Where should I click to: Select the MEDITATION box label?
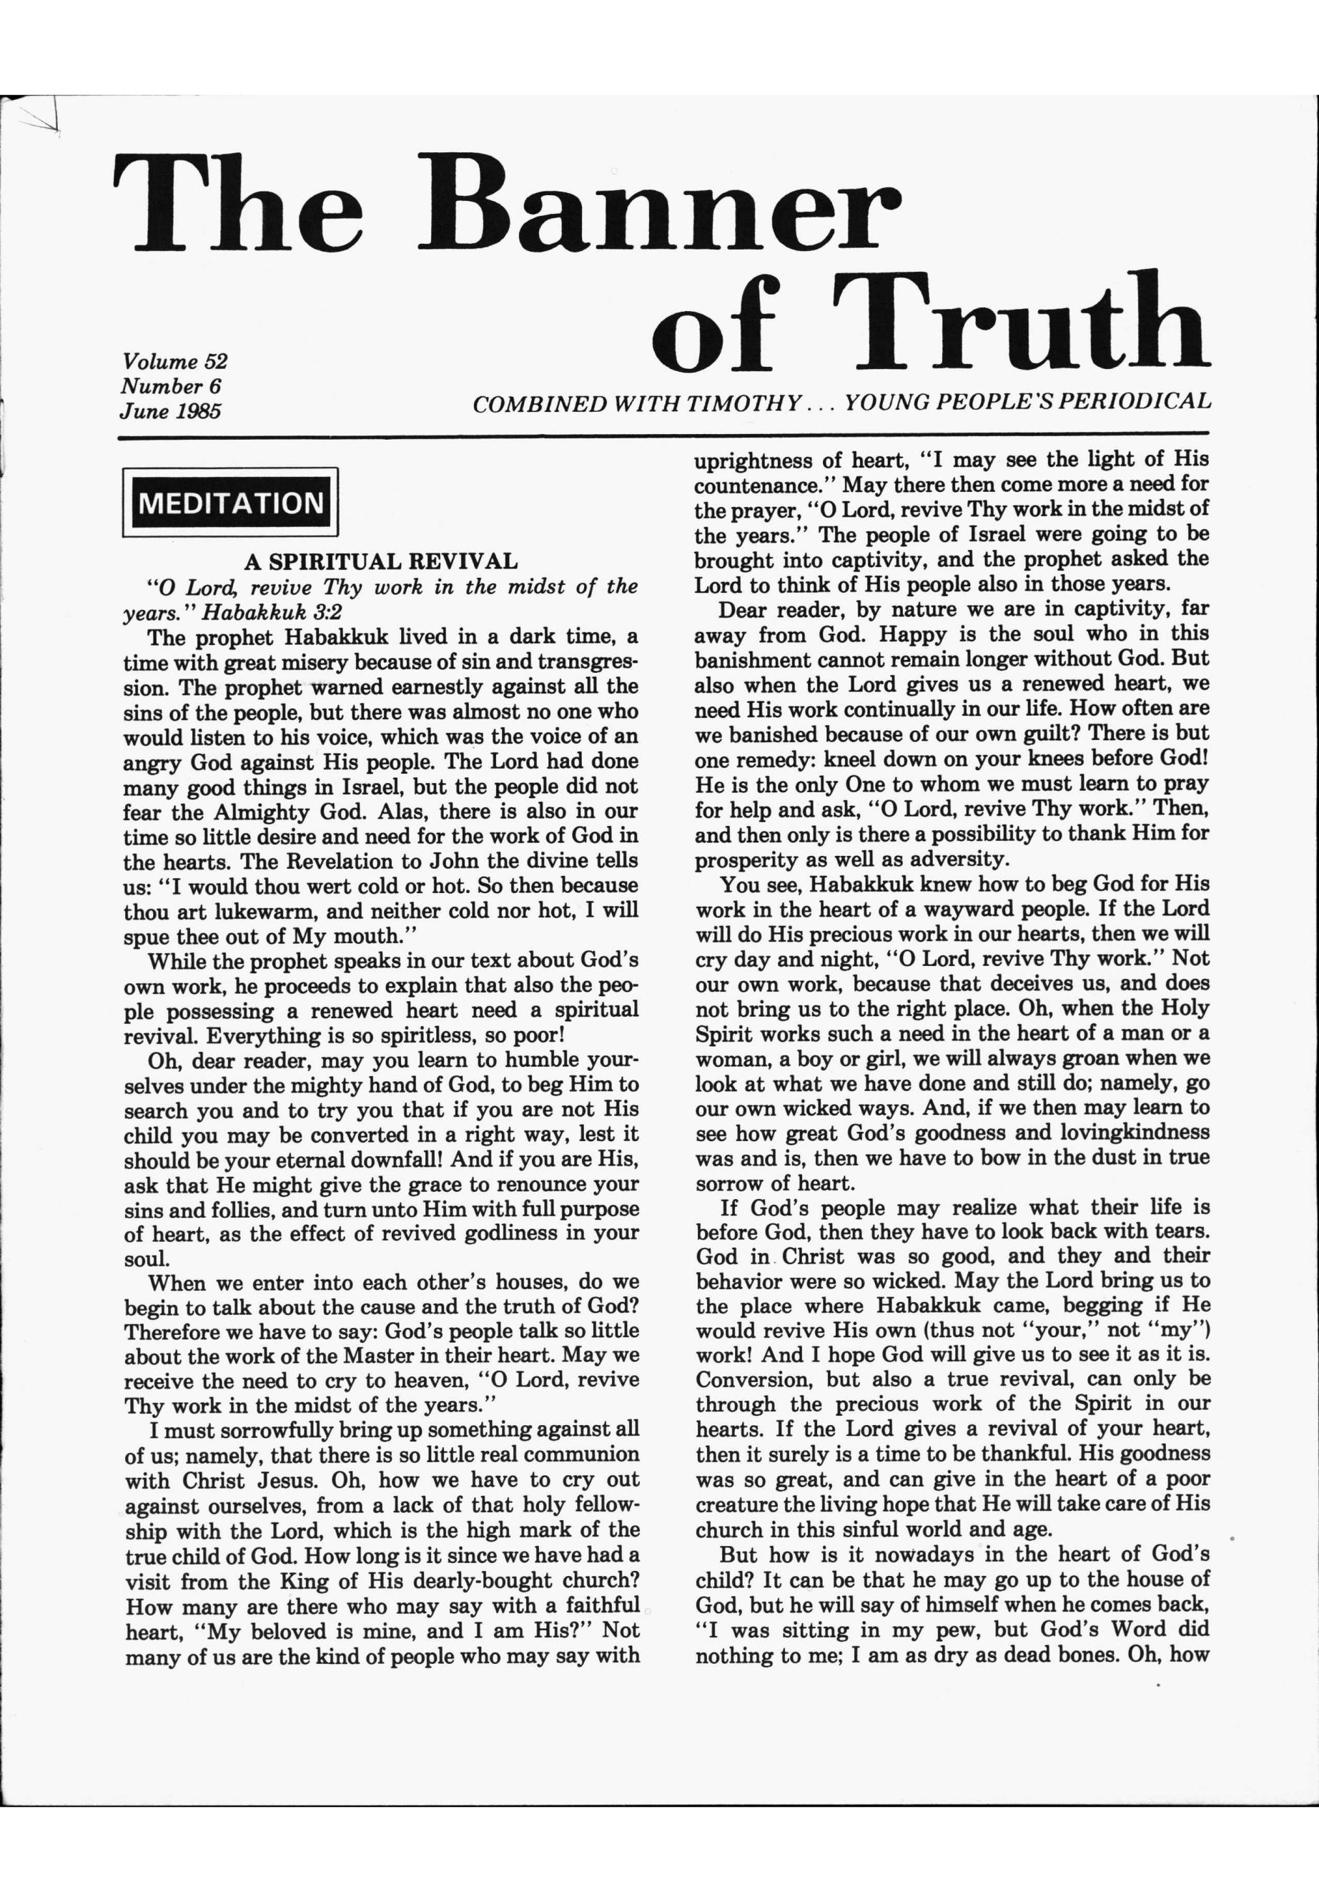pyautogui.click(x=231, y=502)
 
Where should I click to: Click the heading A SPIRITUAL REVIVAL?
pyautogui.click(x=381, y=561)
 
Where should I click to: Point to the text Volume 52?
pyautogui.click(x=174, y=361)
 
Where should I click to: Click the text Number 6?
pyautogui.click(x=171, y=386)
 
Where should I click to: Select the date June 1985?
pyautogui.click(x=171, y=411)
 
